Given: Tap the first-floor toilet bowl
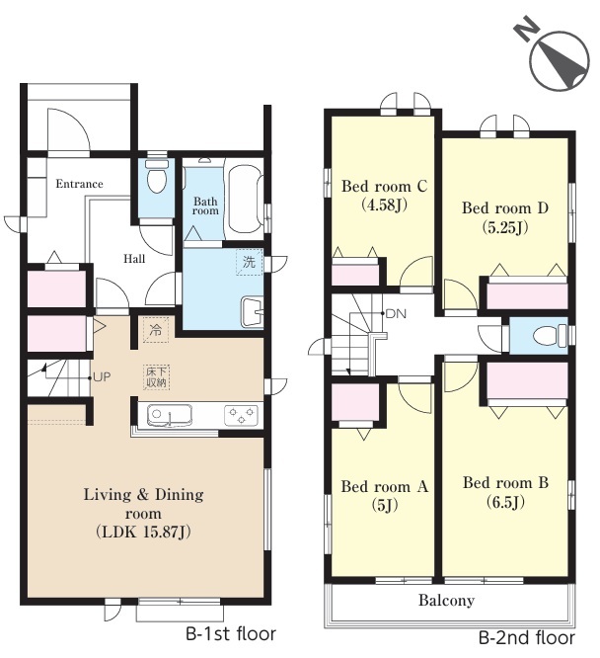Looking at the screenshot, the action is [x=157, y=176].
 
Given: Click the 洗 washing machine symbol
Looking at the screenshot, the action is [x=249, y=262].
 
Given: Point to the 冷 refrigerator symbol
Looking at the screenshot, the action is [x=156, y=330].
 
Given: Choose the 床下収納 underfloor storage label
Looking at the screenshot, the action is [x=156, y=376].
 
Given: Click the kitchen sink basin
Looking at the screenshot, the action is [x=170, y=415].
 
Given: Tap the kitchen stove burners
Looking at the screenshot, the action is [x=241, y=415].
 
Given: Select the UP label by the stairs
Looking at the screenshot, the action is [x=102, y=377].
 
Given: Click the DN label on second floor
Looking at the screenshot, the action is [x=396, y=313].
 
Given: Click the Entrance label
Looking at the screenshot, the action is [x=79, y=184].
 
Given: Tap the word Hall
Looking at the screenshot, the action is [x=134, y=259].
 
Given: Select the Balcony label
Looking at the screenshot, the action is [x=446, y=601].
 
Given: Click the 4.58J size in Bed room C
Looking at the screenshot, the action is [x=384, y=206].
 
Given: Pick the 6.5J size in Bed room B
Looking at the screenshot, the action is [x=505, y=502].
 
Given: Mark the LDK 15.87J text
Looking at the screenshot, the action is [x=143, y=533].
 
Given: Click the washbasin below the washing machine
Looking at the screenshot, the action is [x=252, y=311].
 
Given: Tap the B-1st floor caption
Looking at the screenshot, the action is [x=231, y=633].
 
